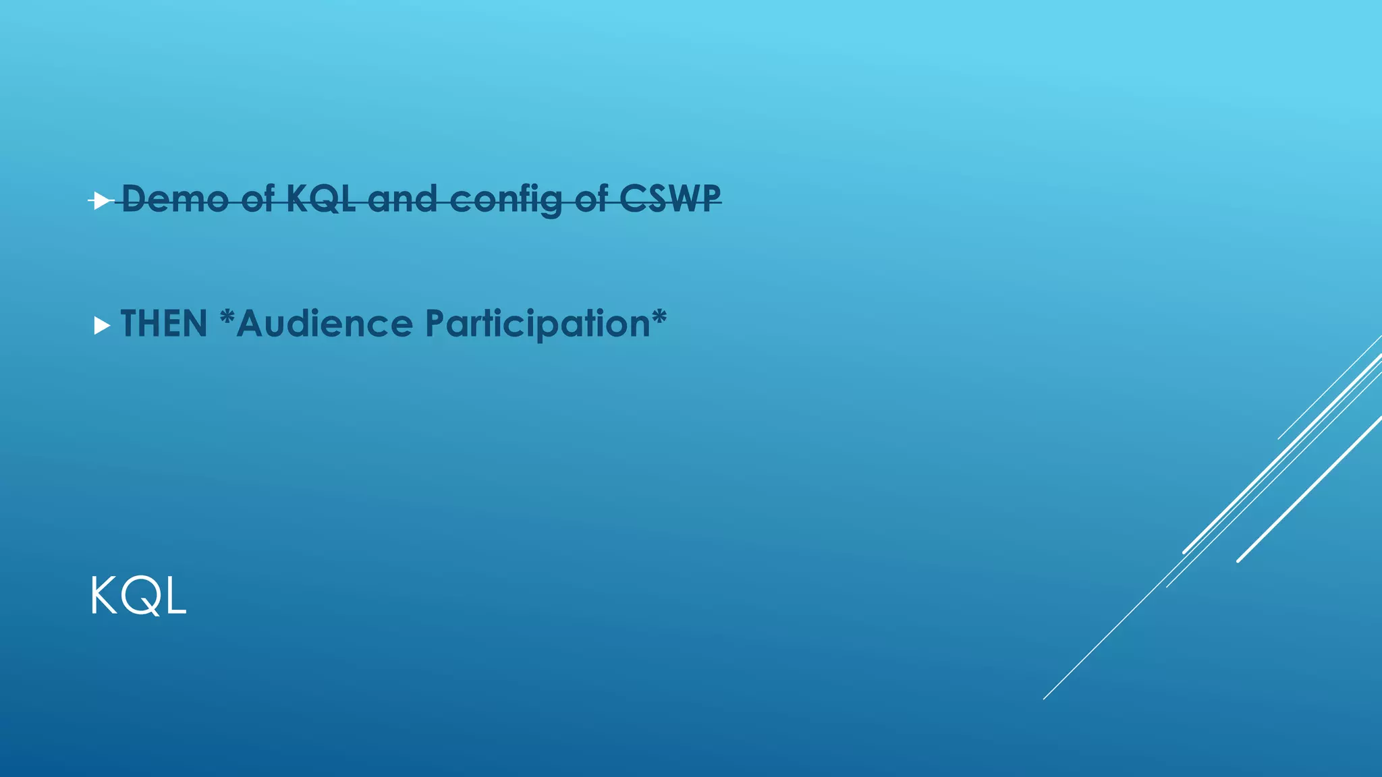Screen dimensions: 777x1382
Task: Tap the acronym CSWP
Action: [x=670, y=199]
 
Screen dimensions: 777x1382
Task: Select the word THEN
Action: [x=164, y=324]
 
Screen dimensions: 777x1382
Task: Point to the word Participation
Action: [x=537, y=325]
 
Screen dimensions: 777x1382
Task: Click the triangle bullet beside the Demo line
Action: [x=101, y=200]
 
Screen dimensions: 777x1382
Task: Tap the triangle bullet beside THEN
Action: [x=102, y=326]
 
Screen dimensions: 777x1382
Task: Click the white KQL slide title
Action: [x=138, y=596]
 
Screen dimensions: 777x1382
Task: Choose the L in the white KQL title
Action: [x=175, y=596]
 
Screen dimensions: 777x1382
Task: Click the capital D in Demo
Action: [x=134, y=199]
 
